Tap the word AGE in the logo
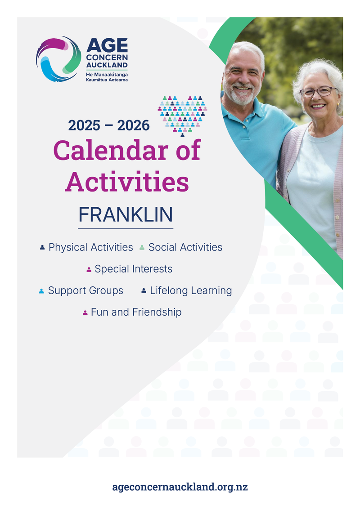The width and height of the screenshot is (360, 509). click(x=107, y=46)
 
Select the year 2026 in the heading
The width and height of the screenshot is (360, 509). click(x=133, y=126)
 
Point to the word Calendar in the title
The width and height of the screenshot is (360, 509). click(x=112, y=151)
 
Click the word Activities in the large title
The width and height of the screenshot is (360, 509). click(x=127, y=182)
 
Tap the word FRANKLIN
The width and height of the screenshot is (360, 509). click(x=126, y=215)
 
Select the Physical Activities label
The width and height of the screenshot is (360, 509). click(x=90, y=247)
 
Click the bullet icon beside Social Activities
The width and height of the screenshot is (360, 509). click(x=142, y=247)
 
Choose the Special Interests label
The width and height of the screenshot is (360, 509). click(x=133, y=269)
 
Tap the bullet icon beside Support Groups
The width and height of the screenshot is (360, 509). click(x=41, y=291)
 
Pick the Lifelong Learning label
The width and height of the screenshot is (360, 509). click(x=191, y=290)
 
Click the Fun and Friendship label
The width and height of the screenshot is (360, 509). click(x=136, y=312)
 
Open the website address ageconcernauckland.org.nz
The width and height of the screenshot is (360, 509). click(x=180, y=487)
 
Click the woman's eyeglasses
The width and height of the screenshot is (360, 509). click(x=318, y=92)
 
